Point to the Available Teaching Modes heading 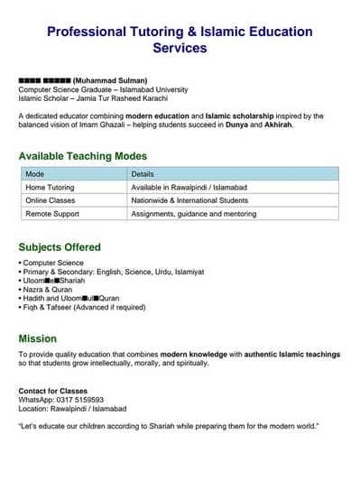click(x=82, y=156)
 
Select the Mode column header click(x=35, y=173)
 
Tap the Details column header click(x=143, y=173)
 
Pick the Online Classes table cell click(x=51, y=200)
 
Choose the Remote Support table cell click(x=51, y=214)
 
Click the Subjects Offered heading click(x=60, y=247)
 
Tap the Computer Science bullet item click(x=53, y=263)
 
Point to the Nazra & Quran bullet click(x=51, y=290)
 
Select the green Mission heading click(x=37, y=338)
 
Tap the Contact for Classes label click(x=54, y=390)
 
